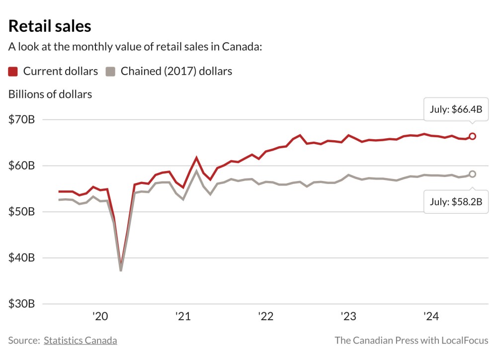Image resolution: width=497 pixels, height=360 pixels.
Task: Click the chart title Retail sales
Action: [50, 26]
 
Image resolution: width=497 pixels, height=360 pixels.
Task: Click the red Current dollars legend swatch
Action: [13, 72]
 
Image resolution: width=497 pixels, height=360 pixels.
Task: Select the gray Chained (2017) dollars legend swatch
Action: [110, 72]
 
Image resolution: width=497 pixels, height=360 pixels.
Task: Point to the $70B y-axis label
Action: [21, 119]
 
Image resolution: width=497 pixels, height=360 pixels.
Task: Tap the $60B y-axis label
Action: [21, 166]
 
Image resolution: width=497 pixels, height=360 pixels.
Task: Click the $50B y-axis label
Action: [21, 212]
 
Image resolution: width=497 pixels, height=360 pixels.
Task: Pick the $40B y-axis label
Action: [21, 258]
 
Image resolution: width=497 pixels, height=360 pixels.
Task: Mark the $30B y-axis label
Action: [21, 304]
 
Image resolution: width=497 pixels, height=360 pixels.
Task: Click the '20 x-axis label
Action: [100, 316]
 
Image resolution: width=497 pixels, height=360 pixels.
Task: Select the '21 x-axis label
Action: [183, 316]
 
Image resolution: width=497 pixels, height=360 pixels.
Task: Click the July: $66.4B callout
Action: [456, 109]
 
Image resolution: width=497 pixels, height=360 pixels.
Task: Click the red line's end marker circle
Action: [473, 136]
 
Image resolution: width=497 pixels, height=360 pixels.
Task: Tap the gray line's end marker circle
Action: [473, 174]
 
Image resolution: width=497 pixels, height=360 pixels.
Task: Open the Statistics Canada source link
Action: [81, 341]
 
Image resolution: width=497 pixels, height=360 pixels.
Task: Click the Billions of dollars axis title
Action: [50, 94]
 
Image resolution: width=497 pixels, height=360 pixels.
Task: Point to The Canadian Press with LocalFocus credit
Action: [412, 341]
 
